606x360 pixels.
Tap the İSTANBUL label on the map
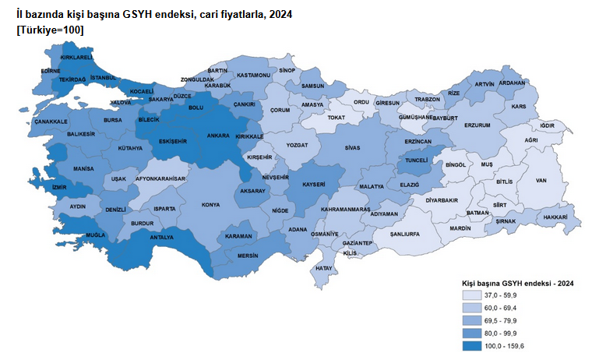(103, 78)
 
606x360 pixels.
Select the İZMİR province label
(59, 187)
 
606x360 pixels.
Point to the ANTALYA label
(160, 237)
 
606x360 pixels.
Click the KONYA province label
(210, 205)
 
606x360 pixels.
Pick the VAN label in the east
(542, 181)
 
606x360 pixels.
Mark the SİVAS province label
(353, 146)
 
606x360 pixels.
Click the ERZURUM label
(477, 125)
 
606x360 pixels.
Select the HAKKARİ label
(555, 217)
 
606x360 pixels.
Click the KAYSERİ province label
(312, 185)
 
